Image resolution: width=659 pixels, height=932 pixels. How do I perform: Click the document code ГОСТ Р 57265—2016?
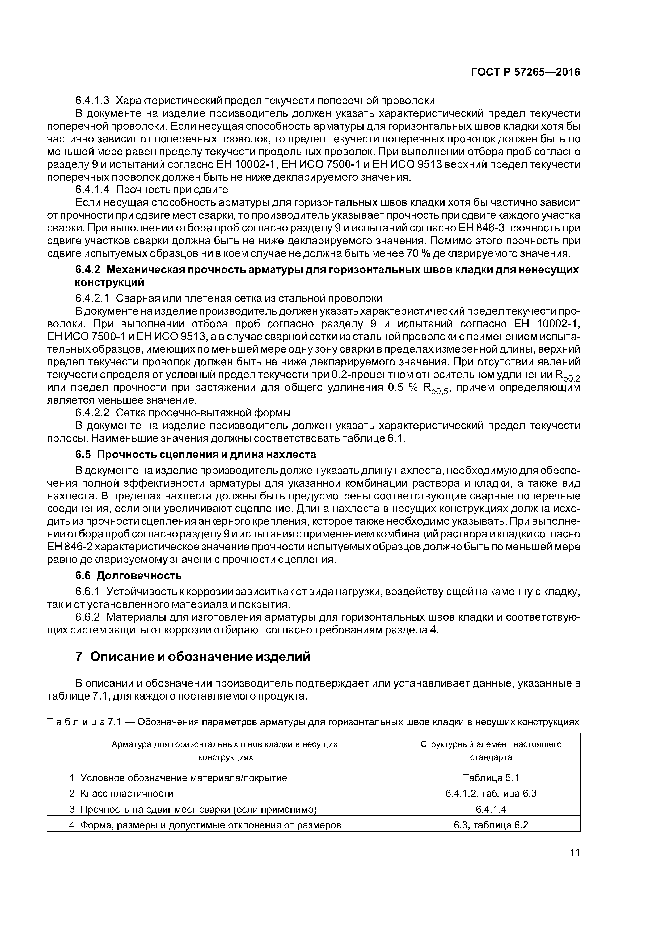pyautogui.click(x=525, y=72)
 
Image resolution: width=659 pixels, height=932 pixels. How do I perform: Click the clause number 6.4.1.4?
pyautogui.click(x=92, y=190)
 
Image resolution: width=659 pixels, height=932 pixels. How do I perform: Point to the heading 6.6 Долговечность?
pyautogui.click(x=128, y=576)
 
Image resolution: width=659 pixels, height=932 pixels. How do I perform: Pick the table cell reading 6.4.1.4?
pyautogui.click(x=491, y=810)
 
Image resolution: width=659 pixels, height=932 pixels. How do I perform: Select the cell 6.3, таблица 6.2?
pyautogui.click(x=491, y=825)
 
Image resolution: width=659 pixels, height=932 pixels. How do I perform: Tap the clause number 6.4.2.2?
pyautogui.click(x=92, y=413)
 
